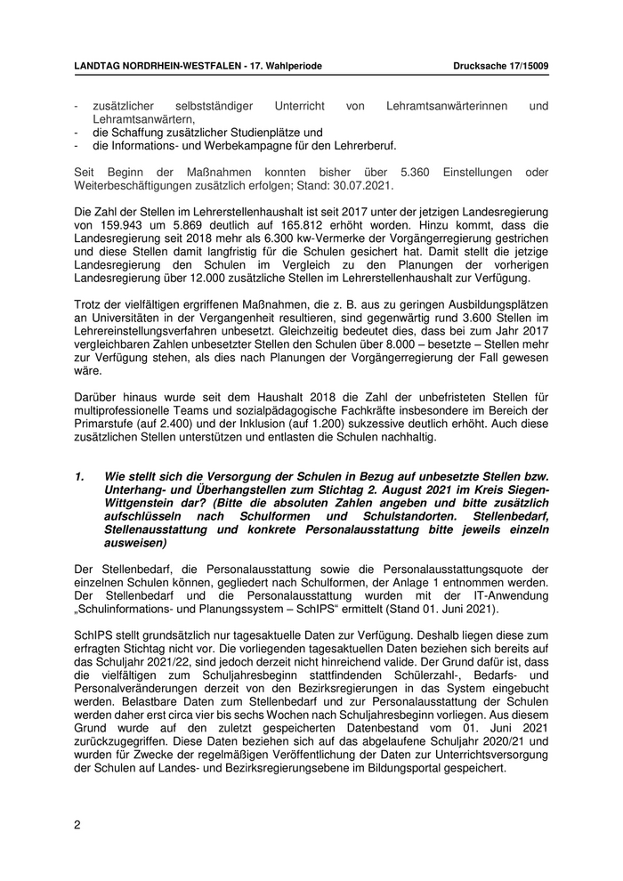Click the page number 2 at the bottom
(77, 824)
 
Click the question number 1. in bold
(80, 477)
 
